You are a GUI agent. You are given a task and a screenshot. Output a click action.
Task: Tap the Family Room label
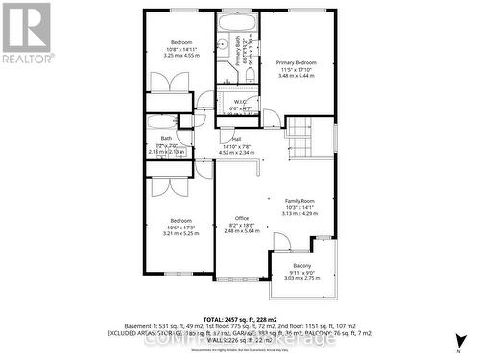[x=300, y=200]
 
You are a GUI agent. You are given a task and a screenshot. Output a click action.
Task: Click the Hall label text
[x=236, y=138]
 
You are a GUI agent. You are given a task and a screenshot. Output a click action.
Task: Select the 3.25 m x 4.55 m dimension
[x=181, y=56]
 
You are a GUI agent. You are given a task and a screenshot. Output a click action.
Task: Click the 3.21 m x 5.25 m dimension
[x=180, y=233]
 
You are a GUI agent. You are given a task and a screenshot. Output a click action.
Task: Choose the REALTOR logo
[x=26, y=34]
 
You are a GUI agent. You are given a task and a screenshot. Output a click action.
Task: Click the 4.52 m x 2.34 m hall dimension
[x=236, y=152]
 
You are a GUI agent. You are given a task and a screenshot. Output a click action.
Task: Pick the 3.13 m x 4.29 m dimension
[x=300, y=214]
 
